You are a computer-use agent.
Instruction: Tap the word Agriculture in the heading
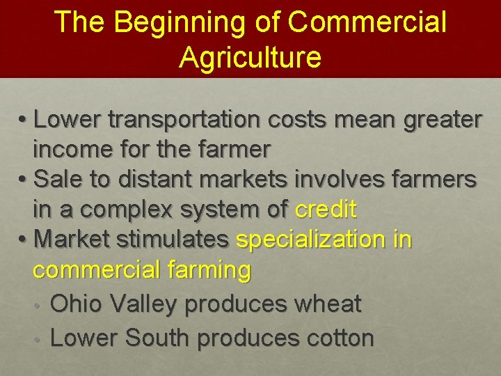tap(250, 57)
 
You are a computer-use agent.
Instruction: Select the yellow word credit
tap(326, 209)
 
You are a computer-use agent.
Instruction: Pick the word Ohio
tap(76, 304)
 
